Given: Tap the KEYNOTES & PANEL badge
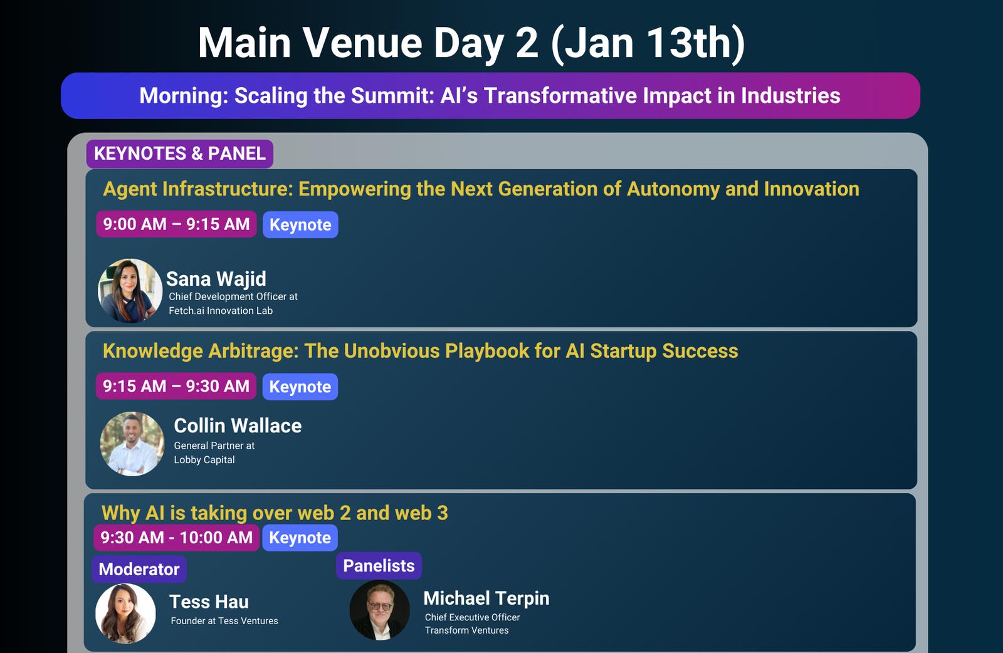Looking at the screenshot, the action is [x=179, y=154].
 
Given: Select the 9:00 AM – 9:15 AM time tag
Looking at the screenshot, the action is [x=176, y=224].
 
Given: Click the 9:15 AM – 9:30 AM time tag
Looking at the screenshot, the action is [x=176, y=386].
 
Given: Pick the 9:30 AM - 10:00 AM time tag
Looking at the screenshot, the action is [x=176, y=537].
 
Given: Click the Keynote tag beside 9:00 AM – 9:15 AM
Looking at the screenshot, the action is [x=300, y=224].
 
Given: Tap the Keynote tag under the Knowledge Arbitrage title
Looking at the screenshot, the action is [x=300, y=386].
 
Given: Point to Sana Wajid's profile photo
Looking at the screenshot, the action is [x=130, y=291].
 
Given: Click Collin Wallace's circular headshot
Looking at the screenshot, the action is [x=132, y=444].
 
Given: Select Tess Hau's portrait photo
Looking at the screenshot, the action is [x=126, y=613].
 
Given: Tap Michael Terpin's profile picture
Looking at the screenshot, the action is [x=380, y=610].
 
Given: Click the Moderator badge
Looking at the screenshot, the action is [x=139, y=569].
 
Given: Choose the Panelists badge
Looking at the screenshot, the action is [x=379, y=565].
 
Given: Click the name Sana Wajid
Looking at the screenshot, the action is [x=216, y=279].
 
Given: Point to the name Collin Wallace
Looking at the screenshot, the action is [x=238, y=426].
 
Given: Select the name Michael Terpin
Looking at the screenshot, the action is [x=486, y=598].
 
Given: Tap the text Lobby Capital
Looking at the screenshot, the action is [x=204, y=459].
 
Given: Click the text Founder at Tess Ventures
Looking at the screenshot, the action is [x=224, y=621].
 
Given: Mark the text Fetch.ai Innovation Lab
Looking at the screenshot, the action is [x=221, y=311].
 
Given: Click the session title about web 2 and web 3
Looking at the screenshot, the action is [x=275, y=513].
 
